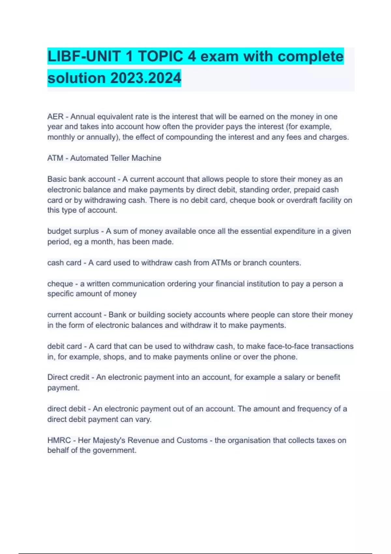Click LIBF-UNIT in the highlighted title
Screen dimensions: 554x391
click(x=83, y=56)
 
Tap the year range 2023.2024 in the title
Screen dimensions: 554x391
click(x=146, y=78)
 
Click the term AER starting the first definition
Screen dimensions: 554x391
click(x=55, y=117)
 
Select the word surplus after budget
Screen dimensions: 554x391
click(x=86, y=231)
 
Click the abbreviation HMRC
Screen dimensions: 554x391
click(x=59, y=440)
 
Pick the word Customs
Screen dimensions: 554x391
click(x=192, y=440)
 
